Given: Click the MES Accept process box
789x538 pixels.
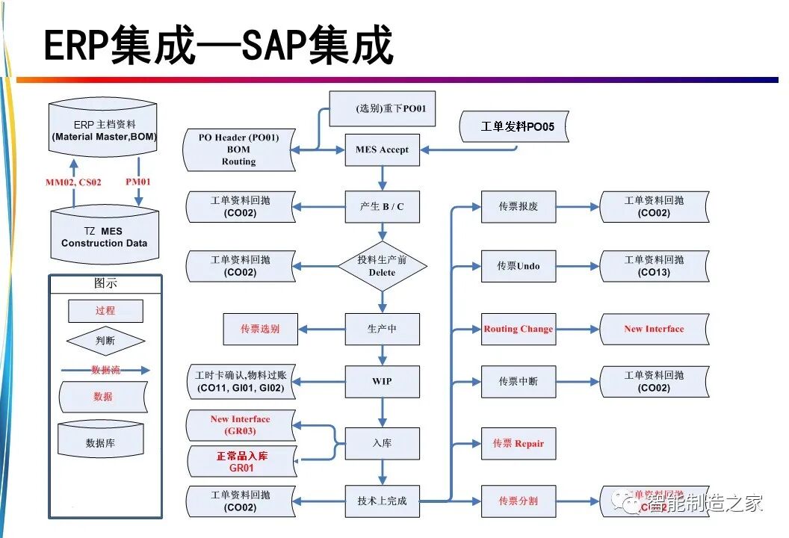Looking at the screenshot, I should coord(382,149).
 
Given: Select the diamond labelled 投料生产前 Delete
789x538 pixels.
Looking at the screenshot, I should coord(382,266).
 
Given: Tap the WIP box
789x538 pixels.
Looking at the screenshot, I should coord(382,381).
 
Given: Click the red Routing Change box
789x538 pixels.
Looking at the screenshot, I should coord(518,329).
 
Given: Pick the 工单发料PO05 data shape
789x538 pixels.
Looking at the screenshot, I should coord(515,127).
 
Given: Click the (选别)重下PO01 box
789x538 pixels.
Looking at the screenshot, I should coord(383,109).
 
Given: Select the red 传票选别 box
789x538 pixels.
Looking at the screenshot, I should coord(260,329).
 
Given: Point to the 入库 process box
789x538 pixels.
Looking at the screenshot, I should coord(382,443).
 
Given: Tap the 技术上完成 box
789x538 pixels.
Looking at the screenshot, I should coord(382,501).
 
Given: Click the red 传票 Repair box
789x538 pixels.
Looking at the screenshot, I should coord(518,443).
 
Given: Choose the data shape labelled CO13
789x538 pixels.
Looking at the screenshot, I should coord(655,266).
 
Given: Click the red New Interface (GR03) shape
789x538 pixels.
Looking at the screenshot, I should coord(240,424).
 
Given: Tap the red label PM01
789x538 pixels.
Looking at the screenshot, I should coord(138,182).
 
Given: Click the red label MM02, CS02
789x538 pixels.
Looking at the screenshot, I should coord(73,182).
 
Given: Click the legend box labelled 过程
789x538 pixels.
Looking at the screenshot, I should coord(105,310).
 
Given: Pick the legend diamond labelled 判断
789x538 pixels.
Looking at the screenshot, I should coord(105,341).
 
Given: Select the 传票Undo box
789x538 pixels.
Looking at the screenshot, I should coord(518,266).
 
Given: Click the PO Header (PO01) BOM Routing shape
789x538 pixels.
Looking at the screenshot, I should coord(239,149).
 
